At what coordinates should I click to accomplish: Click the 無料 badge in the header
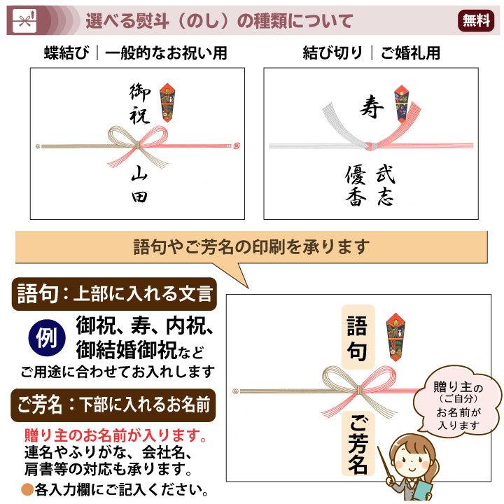pos(477,21)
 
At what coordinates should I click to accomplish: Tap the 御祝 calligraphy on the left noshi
pos(140,104)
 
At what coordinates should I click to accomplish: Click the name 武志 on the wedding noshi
pos(385,185)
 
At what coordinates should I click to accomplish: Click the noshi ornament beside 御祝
pos(170,102)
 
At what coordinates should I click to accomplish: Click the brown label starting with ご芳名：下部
pos(116,404)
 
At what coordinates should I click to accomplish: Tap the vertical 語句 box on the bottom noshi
pos(357,337)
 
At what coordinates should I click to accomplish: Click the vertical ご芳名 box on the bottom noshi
pos(357,442)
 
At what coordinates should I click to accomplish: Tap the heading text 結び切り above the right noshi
pos(332,53)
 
